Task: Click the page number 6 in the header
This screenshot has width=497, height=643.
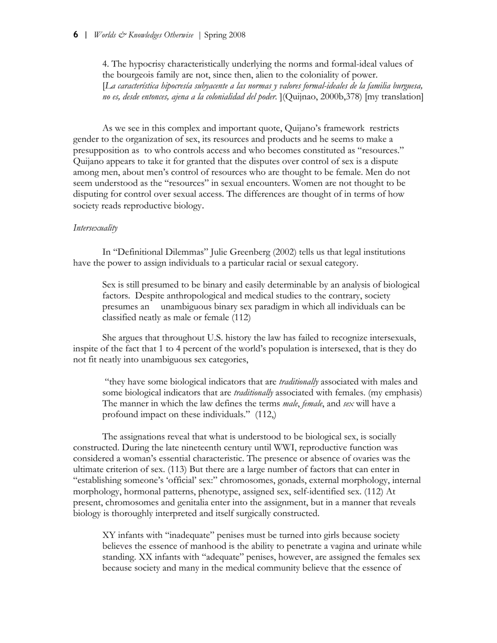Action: [76, 35]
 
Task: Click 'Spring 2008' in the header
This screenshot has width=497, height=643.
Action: [224, 35]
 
